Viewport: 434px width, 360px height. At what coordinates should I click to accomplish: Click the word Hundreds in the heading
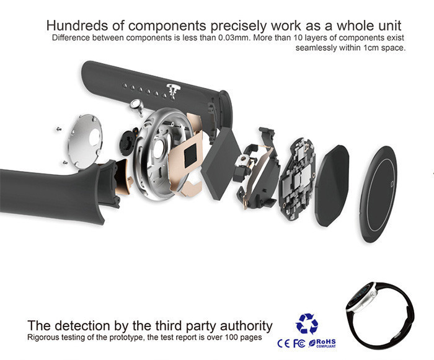(77, 25)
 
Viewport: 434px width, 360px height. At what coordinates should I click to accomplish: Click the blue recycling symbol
(307, 323)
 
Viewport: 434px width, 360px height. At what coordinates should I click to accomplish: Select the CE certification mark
(284, 344)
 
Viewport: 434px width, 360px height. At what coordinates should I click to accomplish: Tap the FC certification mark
(299, 344)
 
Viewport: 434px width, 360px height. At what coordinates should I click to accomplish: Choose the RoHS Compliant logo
(322, 343)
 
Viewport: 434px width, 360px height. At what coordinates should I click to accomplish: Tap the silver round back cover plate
(85, 141)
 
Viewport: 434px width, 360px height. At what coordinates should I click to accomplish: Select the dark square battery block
(222, 164)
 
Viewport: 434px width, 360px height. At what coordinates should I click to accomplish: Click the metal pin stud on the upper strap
(173, 89)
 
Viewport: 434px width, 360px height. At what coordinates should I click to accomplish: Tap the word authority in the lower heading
(246, 326)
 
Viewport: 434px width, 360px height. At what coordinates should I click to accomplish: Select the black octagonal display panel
(332, 186)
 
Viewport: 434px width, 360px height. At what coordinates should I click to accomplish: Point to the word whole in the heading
(353, 25)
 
